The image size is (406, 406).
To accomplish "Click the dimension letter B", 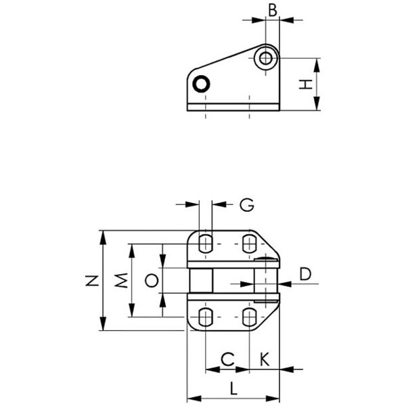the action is [x=273, y=10].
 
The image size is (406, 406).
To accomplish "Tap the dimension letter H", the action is [x=306, y=85].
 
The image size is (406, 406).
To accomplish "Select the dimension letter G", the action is [x=247, y=205].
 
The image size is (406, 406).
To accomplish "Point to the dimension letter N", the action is [x=92, y=281].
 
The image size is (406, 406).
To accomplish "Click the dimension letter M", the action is [x=121, y=280].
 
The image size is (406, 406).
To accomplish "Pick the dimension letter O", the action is [x=152, y=281].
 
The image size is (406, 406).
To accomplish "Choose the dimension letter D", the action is [x=305, y=274].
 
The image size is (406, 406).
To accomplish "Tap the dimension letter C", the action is [x=227, y=359].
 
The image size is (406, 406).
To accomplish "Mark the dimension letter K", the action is [x=265, y=359].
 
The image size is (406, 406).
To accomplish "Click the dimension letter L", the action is [x=233, y=388].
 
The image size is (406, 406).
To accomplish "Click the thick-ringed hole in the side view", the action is [x=201, y=84].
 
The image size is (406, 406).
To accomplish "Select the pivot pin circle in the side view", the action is [x=266, y=58].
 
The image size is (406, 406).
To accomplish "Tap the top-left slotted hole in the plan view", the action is [x=206, y=244].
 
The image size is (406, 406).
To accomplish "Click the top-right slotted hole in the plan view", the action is [x=249, y=244].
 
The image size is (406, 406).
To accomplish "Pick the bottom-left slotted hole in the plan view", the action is [x=206, y=317].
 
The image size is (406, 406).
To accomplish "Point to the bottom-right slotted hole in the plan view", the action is [x=249, y=317].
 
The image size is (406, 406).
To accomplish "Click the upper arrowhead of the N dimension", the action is [x=103, y=238].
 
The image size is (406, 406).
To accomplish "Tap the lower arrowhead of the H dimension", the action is [x=317, y=104].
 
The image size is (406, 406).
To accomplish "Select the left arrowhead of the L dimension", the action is [x=194, y=399].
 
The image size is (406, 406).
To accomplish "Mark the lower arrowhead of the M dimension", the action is [x=132, y=310].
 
